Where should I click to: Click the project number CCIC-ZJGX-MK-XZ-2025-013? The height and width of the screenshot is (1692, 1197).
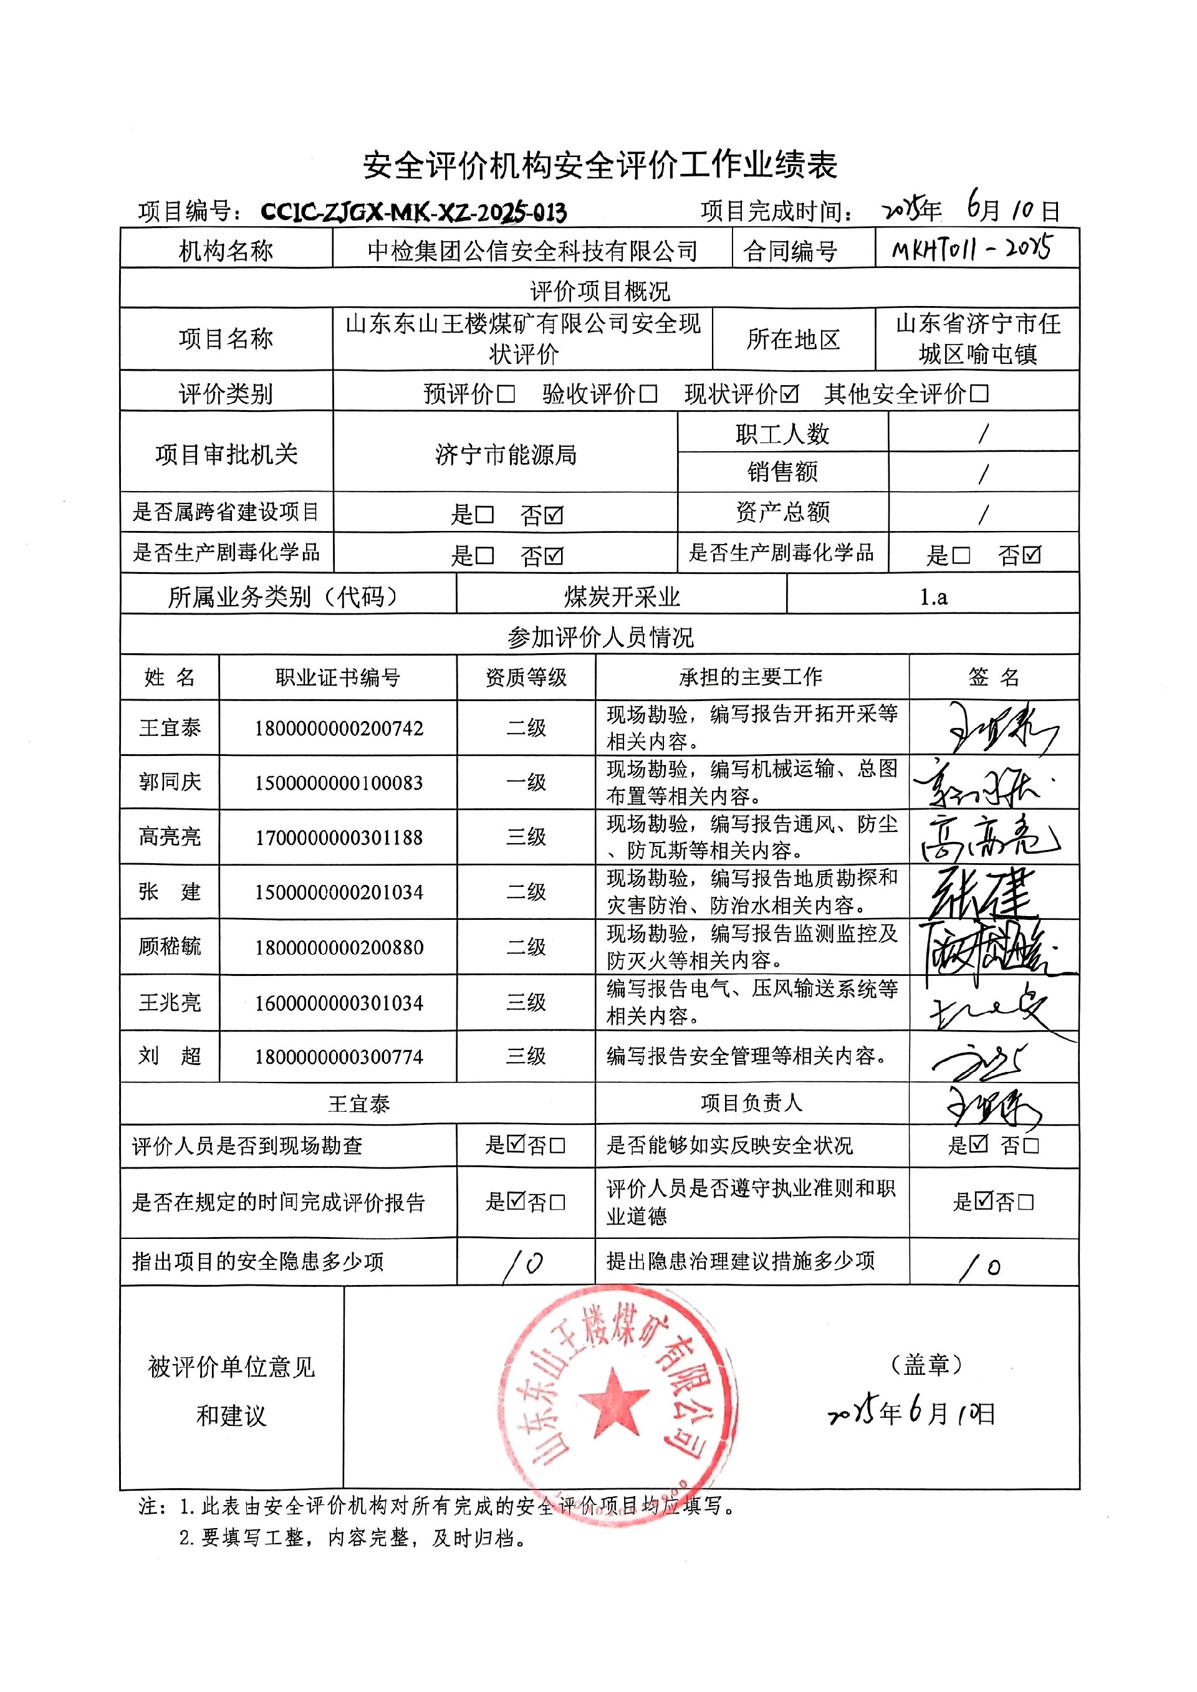[413, 213]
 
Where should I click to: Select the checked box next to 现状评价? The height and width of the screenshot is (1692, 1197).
[789, 394]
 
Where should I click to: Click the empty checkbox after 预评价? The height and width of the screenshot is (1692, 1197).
[506, 394]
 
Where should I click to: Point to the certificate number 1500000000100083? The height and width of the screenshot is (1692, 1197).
[339, 783]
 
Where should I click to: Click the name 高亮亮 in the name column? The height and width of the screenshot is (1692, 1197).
[170, 836]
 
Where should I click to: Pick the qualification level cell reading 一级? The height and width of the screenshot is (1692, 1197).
[526, 783]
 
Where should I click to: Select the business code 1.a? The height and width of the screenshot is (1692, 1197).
[933, 597]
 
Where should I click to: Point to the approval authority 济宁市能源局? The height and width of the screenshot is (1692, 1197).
[506, 455]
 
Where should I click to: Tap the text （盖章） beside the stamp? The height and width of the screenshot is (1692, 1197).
[926, 1365]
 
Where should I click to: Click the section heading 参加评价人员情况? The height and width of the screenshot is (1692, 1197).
[600, 638]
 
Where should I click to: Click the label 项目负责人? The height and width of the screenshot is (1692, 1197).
[751, 1103]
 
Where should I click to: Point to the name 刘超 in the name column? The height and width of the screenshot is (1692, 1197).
[170, 1057]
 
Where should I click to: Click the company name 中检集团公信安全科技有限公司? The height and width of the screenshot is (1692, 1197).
[532, 251]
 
